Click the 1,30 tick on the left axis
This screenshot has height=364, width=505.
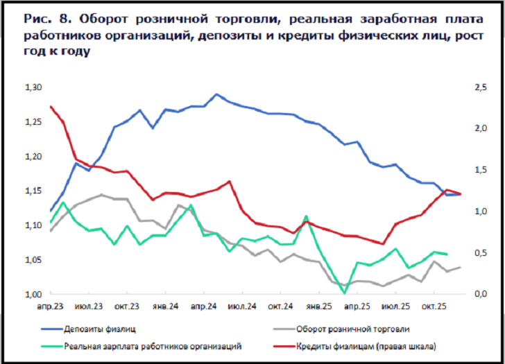[x=33, y=87]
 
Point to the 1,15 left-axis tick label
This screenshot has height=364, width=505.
[x=33, y=191]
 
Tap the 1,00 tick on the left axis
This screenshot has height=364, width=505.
[x=33, y=294]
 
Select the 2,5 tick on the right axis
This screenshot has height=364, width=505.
[x=479, y=87]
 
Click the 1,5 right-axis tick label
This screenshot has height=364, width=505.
[x=479, y=170]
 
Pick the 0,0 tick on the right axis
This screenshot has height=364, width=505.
[x=479, y=294]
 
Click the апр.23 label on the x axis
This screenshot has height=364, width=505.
[x=51, y=306]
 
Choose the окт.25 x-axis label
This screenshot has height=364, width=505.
[x=434, y=306]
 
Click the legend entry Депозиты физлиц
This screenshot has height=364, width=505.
[x=101, y=329]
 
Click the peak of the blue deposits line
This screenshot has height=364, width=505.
[x=216, y=94]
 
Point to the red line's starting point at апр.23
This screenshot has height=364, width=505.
[x=51, y=107]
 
